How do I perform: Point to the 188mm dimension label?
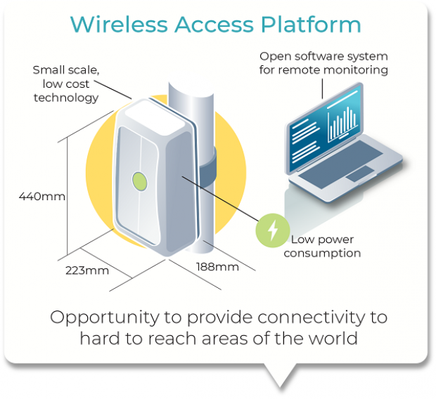click(x=217, y=267)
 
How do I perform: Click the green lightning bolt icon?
click(x=273, y=230)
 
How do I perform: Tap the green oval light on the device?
click(x=139, y=181)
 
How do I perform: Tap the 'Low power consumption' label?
click(x=325, y=245)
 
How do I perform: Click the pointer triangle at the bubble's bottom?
click(x=279, y=376)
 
